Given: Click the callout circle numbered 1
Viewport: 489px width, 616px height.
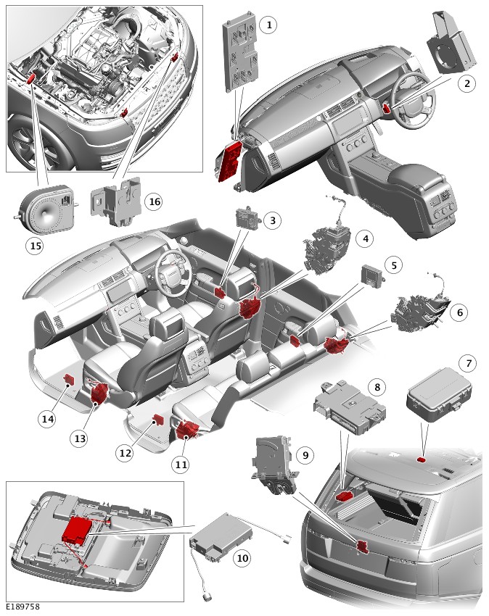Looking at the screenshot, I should [268, 25].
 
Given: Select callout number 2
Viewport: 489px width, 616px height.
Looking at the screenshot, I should [468, 83].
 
